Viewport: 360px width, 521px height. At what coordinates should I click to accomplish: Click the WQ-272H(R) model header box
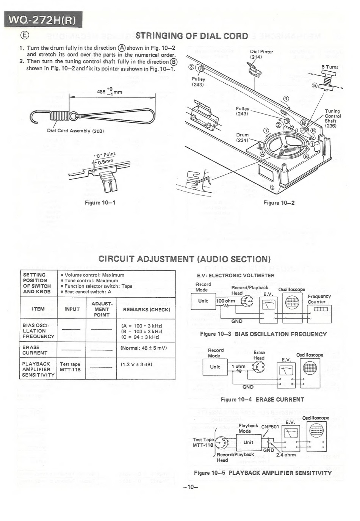tap(43, 19)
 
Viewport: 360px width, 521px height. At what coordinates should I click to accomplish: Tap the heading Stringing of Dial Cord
tap(191, 36)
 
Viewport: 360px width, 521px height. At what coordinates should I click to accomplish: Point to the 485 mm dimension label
tap(110, 91)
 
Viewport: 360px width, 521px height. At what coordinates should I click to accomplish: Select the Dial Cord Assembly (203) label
tap(75, 131)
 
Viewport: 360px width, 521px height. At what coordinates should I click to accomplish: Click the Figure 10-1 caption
tap(100, 202)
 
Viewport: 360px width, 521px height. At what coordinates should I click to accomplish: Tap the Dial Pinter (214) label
tap(261, 54)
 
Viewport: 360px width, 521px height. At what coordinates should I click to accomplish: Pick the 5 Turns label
tap(329, 67)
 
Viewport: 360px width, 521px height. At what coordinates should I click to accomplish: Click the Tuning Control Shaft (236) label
tap(332, 118)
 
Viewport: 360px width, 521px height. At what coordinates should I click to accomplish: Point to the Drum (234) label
tap(243, 137)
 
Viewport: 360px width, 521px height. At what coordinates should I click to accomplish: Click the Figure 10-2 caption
tap(279, 203)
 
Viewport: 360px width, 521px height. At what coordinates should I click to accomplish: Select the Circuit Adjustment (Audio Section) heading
tap(185, 259)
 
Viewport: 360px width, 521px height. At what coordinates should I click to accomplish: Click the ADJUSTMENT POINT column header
tap(101, 309)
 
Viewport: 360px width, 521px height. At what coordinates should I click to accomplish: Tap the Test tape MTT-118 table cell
tap(70, 367)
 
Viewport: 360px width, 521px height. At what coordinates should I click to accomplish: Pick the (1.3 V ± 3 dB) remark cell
tap(136, 364)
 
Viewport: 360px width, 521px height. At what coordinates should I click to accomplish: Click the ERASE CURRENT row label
tap(35, 350)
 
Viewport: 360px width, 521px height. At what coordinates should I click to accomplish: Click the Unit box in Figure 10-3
tap(203, 301)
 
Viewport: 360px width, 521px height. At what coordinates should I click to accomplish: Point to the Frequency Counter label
tap(319, 299)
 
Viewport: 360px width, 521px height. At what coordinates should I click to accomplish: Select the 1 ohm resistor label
tap(238, 366)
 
